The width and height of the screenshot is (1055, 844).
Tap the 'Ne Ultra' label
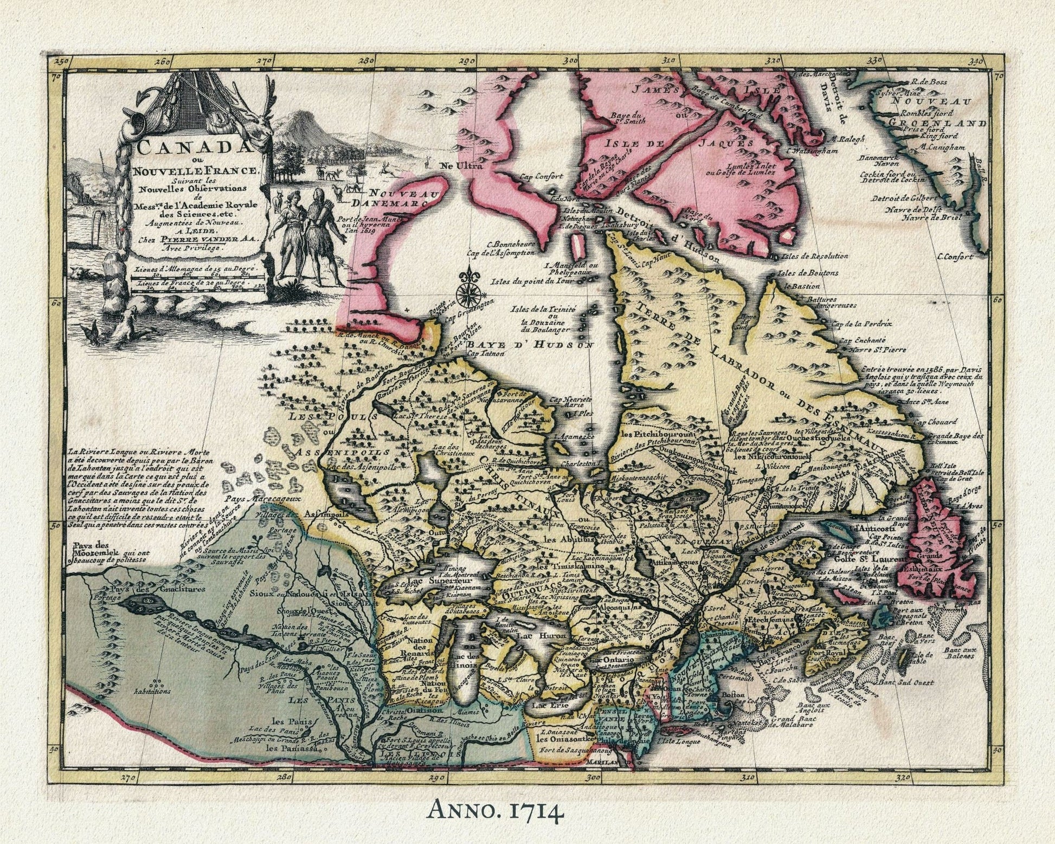[461, 166]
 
